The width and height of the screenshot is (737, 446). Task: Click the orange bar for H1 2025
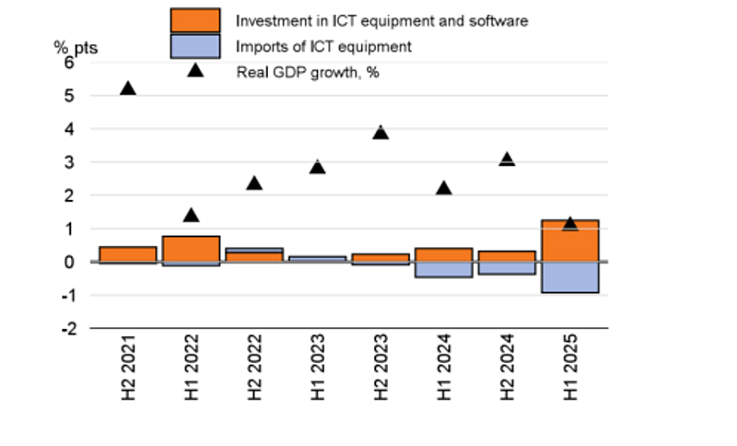(x=569, y=241)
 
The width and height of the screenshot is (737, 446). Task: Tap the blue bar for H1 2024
(x=443, y=269)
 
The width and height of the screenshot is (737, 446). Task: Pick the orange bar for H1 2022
(x=191, y=249)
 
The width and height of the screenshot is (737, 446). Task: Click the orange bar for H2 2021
(x=128, y=253)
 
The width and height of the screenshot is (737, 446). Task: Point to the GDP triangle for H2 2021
(x=128, y=88)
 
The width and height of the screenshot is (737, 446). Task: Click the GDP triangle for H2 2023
(x=380, y=133)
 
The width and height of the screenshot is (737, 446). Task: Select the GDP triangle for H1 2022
(x=191, y=216)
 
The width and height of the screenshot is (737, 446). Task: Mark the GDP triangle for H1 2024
(x=443, y=188)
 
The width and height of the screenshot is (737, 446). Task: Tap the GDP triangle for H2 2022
(x=254, y=183)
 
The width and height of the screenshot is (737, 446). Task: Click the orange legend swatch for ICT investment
(x=195, y=20)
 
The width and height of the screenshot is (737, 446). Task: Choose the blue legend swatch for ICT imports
(x=195, y=46)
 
